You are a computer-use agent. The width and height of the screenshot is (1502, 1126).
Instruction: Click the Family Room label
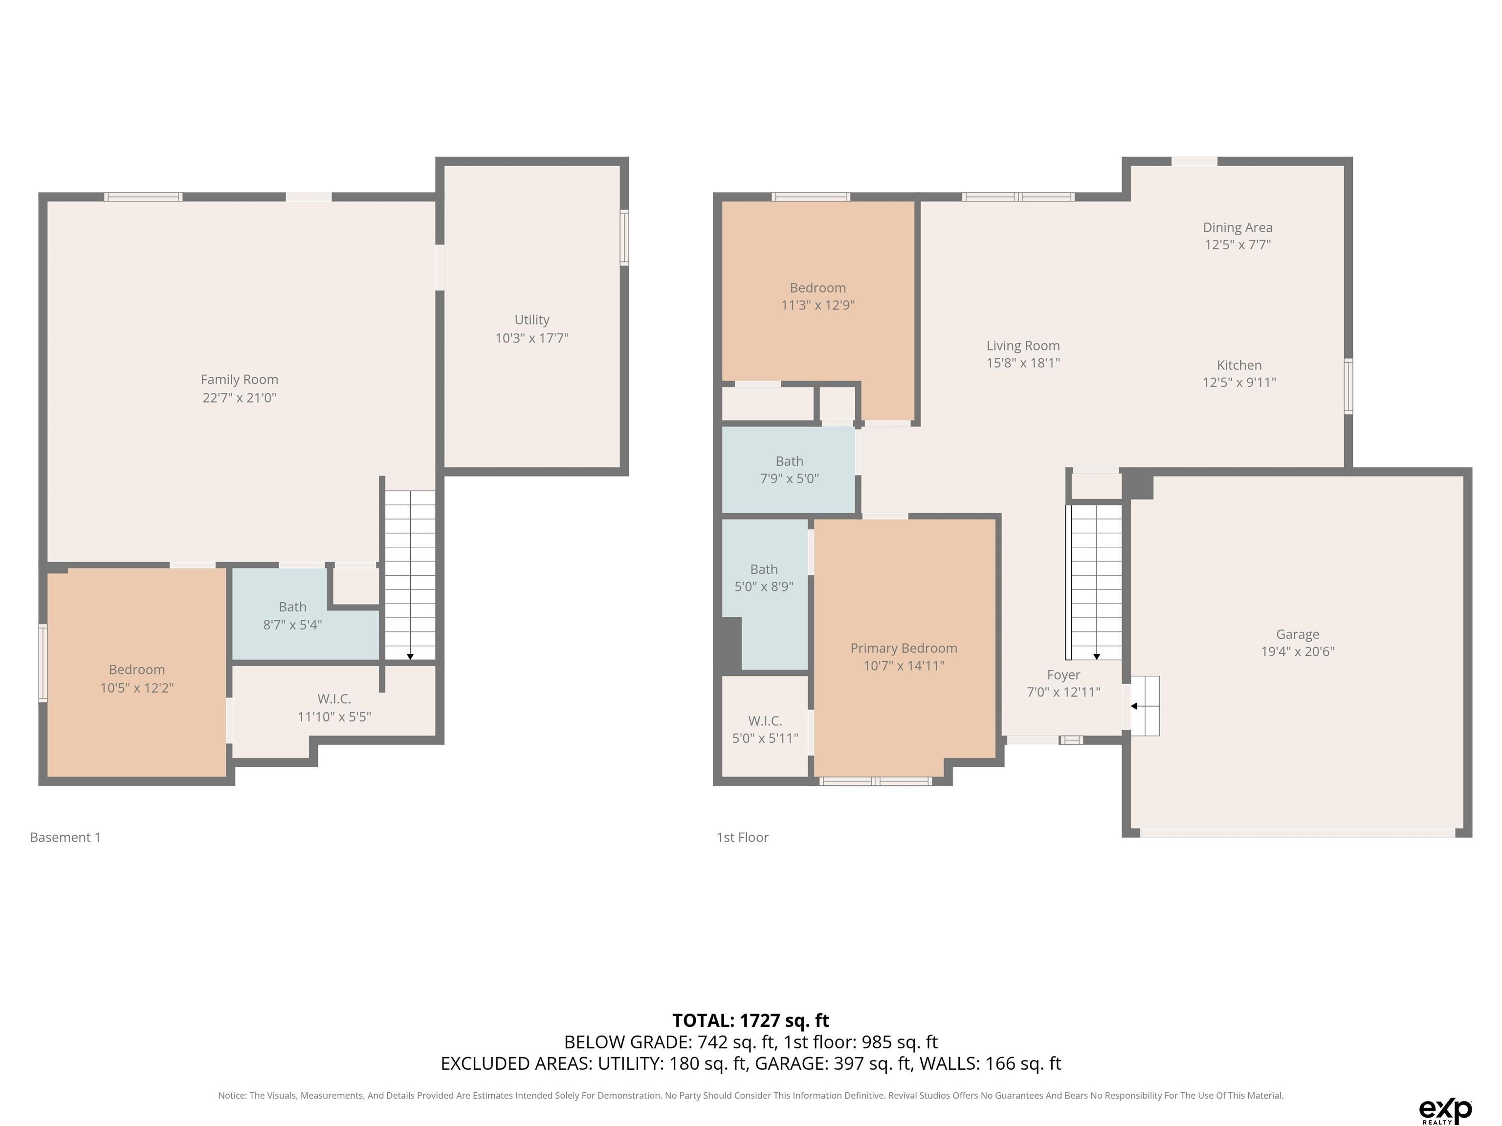tap(239, 379)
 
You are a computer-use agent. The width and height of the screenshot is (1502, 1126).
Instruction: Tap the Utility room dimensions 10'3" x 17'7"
tap(531, 338)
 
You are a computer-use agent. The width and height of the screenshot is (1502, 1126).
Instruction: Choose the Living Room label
tap(1023, 346)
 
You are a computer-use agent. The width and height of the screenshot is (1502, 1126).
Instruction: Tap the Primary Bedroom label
tap(904, 648)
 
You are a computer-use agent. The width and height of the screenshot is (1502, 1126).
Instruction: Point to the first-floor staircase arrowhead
tap(1097, 656)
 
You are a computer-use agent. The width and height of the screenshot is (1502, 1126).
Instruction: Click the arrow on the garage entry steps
tap(1144, 706)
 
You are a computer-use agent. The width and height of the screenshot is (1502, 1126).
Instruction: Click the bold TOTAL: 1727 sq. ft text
tap(751, 1020)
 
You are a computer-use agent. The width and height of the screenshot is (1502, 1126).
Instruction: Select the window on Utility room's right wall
tap(624, 238)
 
